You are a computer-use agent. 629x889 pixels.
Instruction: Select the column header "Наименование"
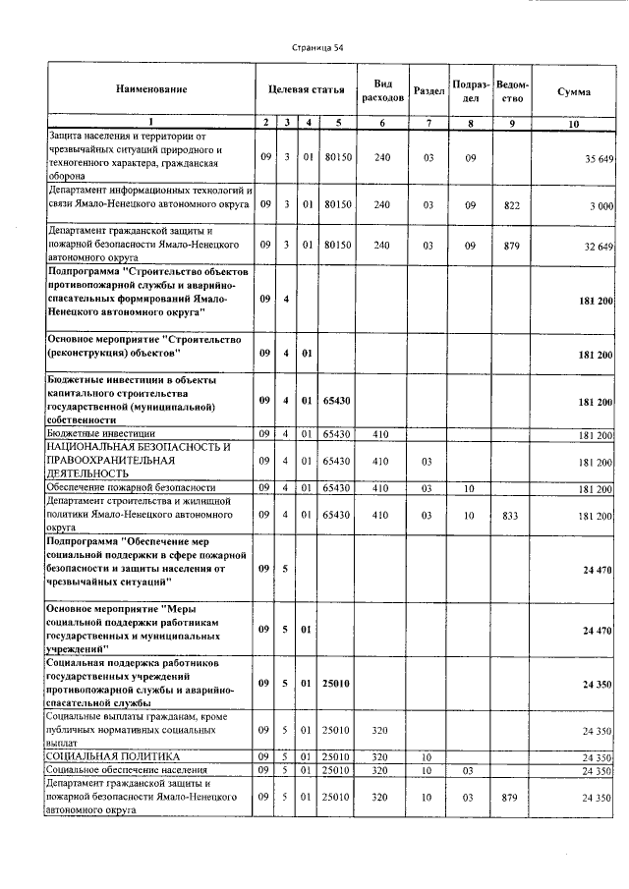[151, 90]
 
